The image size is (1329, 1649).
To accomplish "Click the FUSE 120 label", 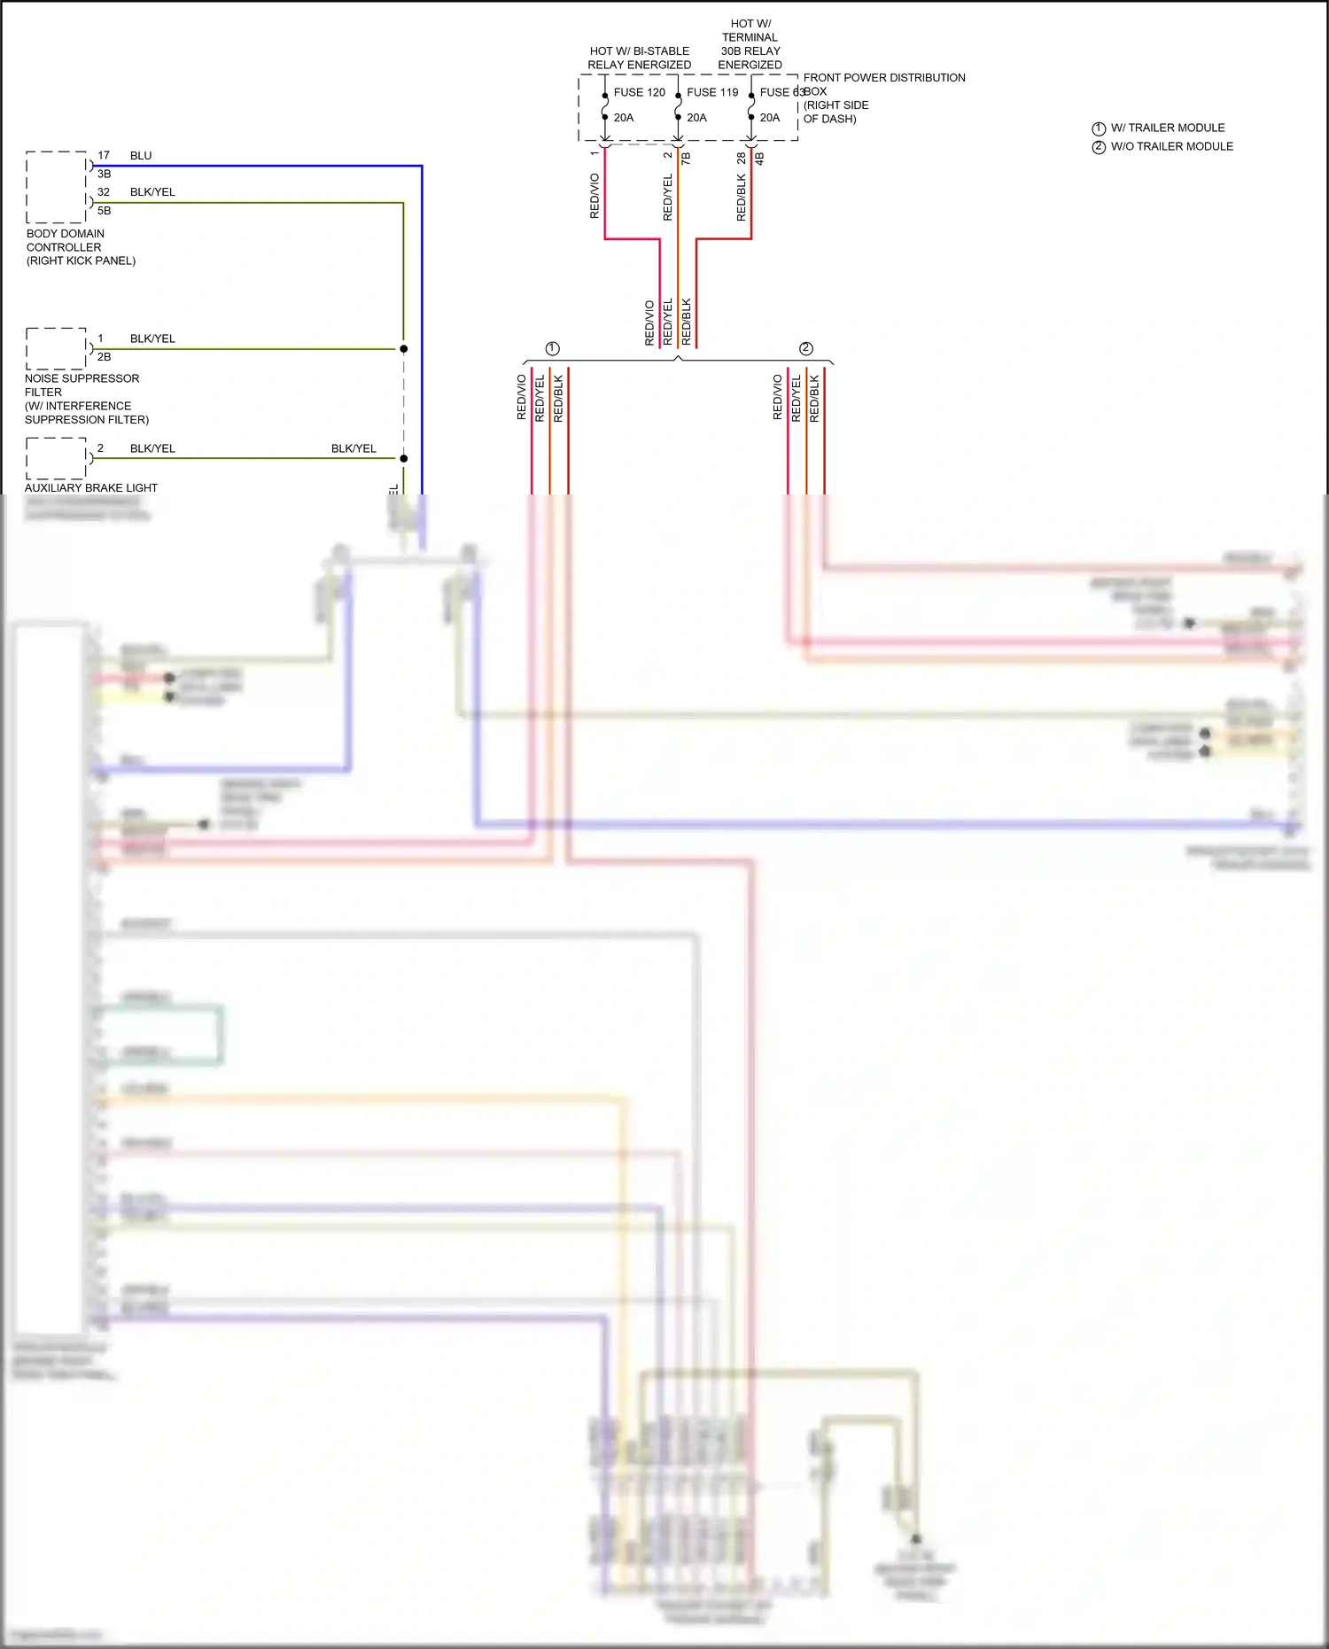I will tap(639, 92).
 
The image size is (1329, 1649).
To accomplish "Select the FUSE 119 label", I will tap(712, 92).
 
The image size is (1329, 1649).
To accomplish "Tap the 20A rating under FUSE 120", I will tap(624, 118).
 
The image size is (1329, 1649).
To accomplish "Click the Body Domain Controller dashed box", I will tap(56, 187).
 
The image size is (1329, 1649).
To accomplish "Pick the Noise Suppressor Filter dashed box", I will tap(56, 348).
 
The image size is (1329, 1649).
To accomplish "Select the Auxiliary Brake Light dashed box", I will tap(56, 458).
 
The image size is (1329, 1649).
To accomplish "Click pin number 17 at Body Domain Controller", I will tap(104, 156).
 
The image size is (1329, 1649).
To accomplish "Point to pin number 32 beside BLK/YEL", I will tap(104, 192).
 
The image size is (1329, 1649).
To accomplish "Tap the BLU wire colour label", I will tap(141, 156).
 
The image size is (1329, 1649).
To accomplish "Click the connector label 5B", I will tap(105, 211).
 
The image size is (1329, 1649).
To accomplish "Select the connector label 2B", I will tap(105, 357).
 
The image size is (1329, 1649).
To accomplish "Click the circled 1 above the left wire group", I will tap(553, 348).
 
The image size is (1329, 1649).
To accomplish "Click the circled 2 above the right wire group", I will tap(805, 348).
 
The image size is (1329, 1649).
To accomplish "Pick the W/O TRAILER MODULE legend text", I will tap(1171, 146).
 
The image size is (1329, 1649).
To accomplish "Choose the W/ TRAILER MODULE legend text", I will tap(1168, 128).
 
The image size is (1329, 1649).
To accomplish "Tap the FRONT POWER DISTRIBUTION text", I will tap(883, 78).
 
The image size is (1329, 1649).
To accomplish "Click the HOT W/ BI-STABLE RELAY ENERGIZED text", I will tap(639, 58).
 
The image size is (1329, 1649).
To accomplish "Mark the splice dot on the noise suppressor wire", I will tap(403, 349).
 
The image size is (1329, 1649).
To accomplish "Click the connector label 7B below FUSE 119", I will tap(686, 159).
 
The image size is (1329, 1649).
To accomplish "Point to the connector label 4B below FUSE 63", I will tap(759, 159).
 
